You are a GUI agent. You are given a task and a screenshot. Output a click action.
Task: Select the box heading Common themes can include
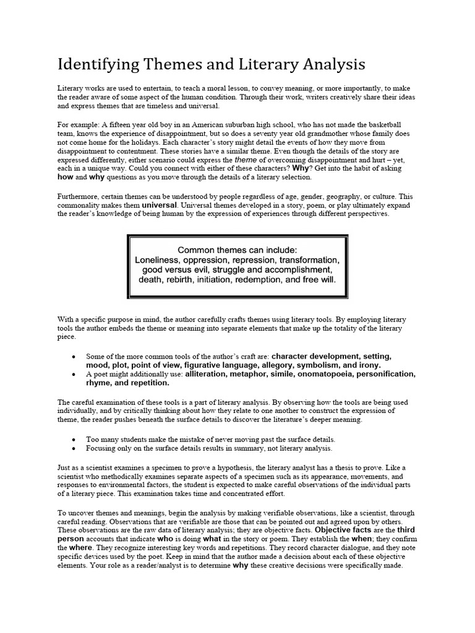[237, 250]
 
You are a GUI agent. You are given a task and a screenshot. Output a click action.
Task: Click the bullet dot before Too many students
[75, 439]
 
